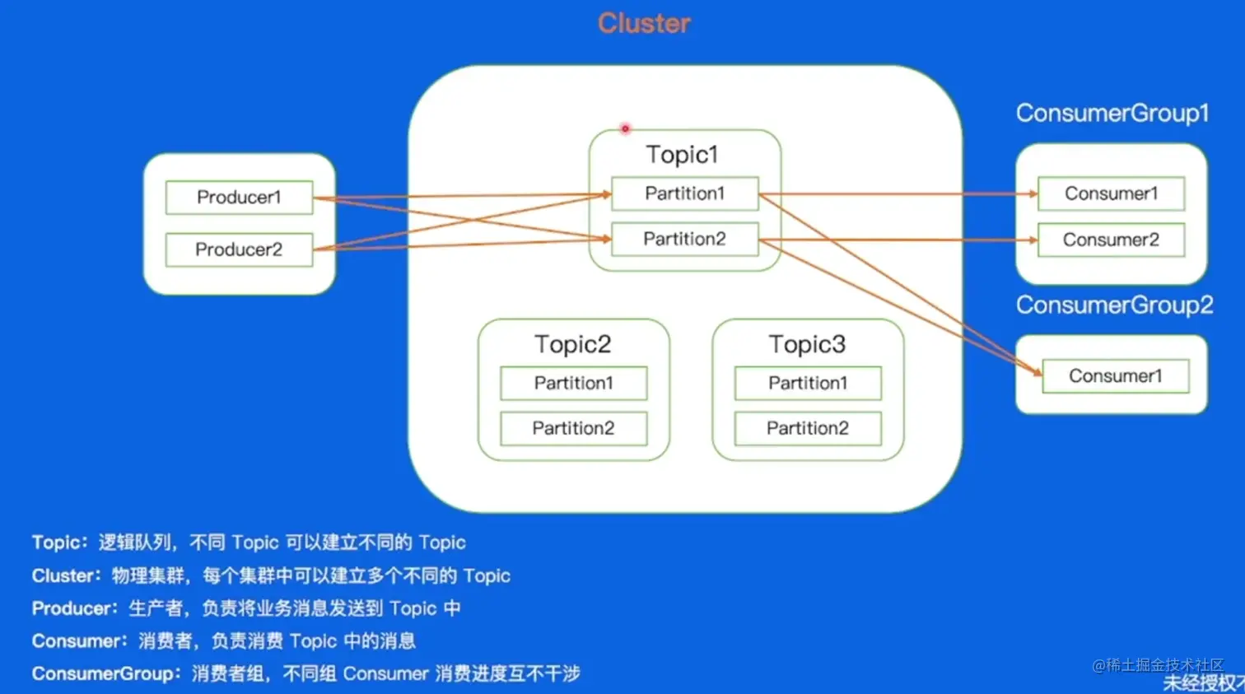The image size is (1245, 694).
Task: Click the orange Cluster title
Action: click(x=644, y=23)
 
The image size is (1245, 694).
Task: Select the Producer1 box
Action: click(x=239, y=198)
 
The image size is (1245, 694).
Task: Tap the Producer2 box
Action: click(x=239, y=249)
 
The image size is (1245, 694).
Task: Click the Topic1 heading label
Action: click(x=683, y=154)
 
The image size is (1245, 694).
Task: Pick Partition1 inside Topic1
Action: click(x=685, y=193)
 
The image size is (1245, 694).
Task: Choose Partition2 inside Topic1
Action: click(x=685, y=239)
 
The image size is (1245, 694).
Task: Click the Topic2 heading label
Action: click(x=573, y=344)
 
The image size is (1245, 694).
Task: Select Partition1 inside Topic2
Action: click(x=574, y=383)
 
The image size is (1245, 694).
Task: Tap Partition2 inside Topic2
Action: click(x=574, y=428)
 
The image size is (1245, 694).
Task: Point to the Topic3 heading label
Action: click(x=808, y=344)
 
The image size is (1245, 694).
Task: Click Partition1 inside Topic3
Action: click(x=808, y=383)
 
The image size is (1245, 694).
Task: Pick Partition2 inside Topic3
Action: click(x=808, y=428)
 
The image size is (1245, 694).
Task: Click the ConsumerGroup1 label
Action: click(x=1112, y=114)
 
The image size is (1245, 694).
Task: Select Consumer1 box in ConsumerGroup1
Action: click(x=1112, y=193)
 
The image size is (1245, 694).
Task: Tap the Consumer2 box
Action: click(x=1112, y=240)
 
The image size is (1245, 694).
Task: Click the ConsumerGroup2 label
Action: click(x=1115, y=305)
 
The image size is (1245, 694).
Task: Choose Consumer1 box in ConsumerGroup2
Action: click(x=1116, y=376)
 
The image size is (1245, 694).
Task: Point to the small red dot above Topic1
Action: click(x=625, y=129)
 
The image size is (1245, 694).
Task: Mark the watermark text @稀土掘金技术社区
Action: click(x=1158, y=665)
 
